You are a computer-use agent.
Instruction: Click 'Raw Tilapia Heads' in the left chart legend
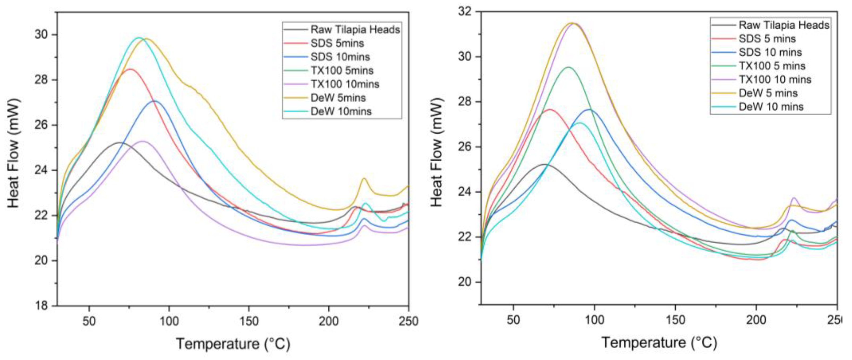point(355,30)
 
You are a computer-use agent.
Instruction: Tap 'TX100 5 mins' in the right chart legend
point(772,66)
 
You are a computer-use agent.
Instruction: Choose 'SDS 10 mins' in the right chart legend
point(770,52)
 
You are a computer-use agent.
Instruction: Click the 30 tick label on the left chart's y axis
point(43,35)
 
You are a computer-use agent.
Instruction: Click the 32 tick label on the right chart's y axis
point(466,12)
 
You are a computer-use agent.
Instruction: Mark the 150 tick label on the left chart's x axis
point(249,321)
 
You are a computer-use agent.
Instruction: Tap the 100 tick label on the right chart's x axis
point(594,320)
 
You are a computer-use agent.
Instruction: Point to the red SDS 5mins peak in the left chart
point(130,69)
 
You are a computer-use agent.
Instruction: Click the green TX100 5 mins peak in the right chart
point(568,67)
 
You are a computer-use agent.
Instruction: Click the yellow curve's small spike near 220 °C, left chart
point(364,178)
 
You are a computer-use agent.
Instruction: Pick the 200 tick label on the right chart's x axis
point(756,320)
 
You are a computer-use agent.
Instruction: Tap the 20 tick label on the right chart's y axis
point(466,282)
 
